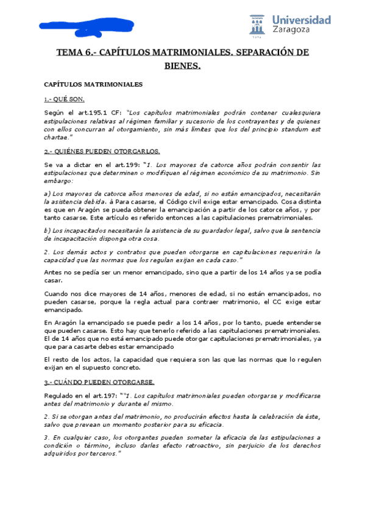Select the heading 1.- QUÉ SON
[64, 99]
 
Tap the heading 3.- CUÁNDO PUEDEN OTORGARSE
[99, 382]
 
